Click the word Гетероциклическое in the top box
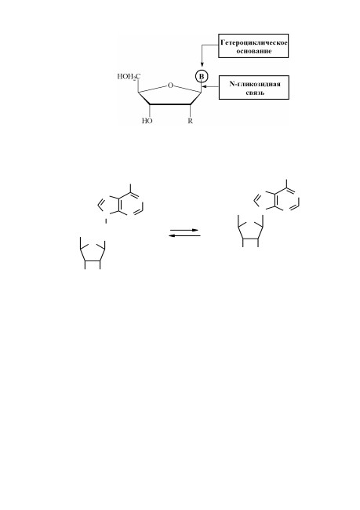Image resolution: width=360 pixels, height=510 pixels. [x=253, y=42]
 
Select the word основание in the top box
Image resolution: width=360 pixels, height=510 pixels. [x=253, y=51]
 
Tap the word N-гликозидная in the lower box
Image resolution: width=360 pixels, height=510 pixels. [x=255, y=84]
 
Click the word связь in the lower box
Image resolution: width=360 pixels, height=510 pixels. [x=255, y=93]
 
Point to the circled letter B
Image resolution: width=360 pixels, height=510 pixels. [x=201, y=76]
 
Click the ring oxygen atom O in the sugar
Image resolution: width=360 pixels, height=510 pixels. [x=170, y=86]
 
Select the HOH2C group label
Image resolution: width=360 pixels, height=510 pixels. [x=129, y=77]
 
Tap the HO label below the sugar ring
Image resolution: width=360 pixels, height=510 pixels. [x=147, y=121]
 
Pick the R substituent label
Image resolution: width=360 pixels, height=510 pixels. [x=191, y=121]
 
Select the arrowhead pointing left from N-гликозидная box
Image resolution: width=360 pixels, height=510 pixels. [x=204, y=86]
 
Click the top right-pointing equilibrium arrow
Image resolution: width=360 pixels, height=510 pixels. [x=184, y=230]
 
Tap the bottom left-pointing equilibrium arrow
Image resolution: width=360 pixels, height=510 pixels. [x=184, y=235]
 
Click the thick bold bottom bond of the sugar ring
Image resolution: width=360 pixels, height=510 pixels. [x=170, y=104]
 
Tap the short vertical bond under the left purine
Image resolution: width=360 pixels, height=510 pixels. [x=106, y=221]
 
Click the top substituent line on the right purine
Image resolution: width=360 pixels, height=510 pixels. [x=286, y=184]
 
